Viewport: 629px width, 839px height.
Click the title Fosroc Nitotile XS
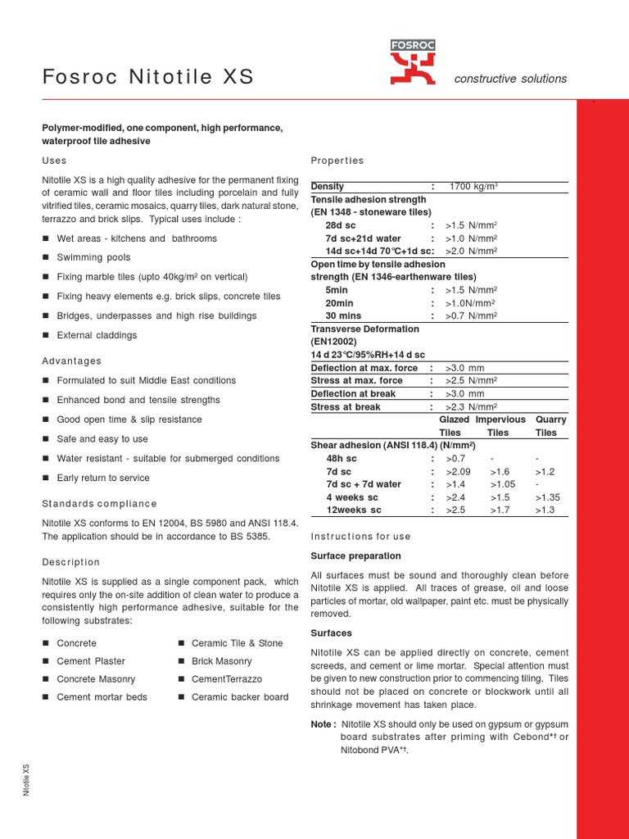tap(147, 78)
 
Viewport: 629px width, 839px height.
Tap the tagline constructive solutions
tap(510, 79)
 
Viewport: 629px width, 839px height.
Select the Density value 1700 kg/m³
tap(473, 187)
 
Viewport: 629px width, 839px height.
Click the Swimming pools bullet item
tap(93, 258)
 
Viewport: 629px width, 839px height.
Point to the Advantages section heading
tap(72, 361)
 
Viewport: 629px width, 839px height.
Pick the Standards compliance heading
tap(99, 504)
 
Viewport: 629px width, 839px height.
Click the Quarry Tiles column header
tap(550, 426)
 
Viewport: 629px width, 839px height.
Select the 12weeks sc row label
tap(354, 510)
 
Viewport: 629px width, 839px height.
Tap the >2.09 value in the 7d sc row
tap(459, 472)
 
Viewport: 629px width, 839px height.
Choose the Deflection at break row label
tap(353, 394)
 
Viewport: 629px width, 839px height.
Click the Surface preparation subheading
tap(355, 556)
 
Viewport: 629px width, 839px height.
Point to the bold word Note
tap(323, 725)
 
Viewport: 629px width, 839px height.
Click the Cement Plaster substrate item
tap(91, 661)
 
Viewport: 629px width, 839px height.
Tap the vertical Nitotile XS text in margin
tap(26, 780)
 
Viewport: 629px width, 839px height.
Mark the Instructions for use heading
tap(361, 537)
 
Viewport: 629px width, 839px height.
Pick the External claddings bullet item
tap(97, 336)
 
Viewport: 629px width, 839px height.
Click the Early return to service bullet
tap(103, 478)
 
